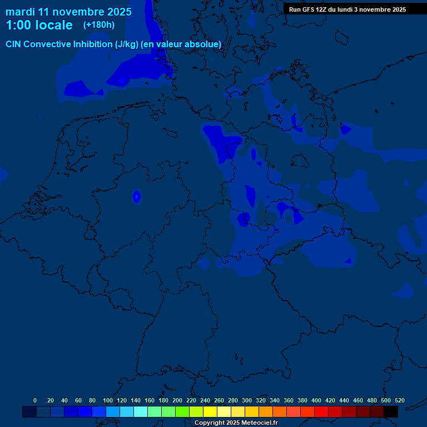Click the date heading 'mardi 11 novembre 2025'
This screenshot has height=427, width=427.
coord(68,12)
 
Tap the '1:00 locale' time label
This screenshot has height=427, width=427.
coord(39,25)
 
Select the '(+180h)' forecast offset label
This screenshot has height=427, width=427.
coord(99,25)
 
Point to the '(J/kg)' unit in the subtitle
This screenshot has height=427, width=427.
coord(126,44)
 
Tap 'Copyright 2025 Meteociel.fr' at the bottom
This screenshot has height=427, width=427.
coord(236,423)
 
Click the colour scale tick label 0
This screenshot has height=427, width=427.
coord(35,400)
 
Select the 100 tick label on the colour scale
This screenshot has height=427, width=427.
coord(108,400)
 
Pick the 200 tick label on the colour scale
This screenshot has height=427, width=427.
coord(177,400)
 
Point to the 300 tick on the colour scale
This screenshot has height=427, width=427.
coord(247,400)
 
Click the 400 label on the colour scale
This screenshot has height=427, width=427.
coord(316,400)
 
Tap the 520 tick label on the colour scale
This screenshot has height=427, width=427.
coord(400,400)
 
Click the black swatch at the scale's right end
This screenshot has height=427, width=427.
coord(391,412)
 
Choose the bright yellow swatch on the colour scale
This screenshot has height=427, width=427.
coord(210,412)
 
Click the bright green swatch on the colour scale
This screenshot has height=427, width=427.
coord(182,412)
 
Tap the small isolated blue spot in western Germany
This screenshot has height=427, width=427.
coord(136,196)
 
